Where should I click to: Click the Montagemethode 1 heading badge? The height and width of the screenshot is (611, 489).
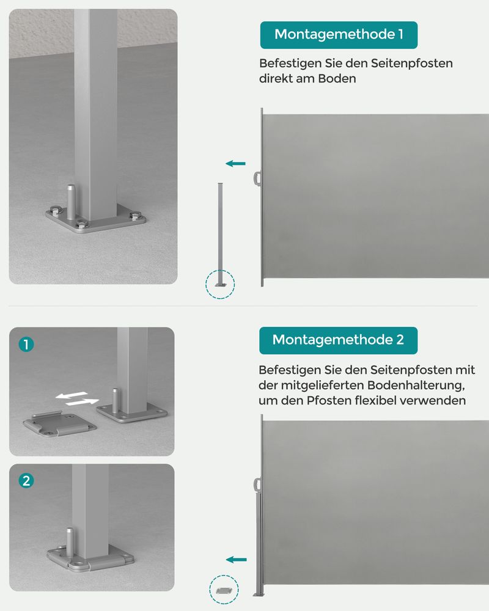point(339,35)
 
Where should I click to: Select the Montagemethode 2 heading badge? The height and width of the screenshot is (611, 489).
point(338,340)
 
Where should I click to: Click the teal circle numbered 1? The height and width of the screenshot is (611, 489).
point(26,344)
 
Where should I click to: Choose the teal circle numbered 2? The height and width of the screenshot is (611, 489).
point(26,481)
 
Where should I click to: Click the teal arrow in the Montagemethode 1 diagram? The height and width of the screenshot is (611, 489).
point(235,163)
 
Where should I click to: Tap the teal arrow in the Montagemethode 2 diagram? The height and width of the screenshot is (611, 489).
point(236,559)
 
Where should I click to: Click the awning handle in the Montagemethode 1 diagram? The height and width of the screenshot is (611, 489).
point(257,178)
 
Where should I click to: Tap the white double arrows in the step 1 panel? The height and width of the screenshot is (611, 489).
point(77,399)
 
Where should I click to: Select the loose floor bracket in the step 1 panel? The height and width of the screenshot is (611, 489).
point(59,423)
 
